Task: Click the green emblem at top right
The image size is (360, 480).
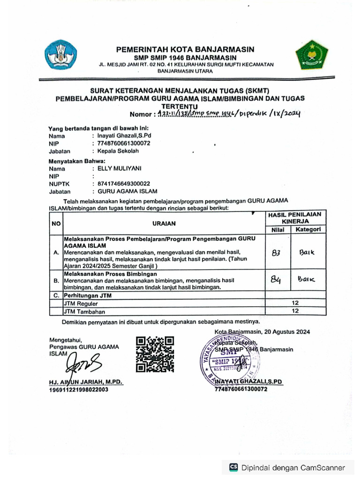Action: pyautogui.click(x=308, y=55)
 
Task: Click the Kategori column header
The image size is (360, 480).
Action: pyautogui.click(x=307, y=230)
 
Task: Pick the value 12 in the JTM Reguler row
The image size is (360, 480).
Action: pyautogui.click(x=295, y=303)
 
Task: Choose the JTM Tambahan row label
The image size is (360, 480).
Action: pyautogui.click(x=84, y=311)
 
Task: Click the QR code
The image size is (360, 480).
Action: pyautogui.click(x=155, y=354)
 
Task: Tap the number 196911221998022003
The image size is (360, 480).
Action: pyautogui.click(x=79, y=390)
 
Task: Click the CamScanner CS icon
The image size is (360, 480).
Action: pyautogui.click(x=233, y=467)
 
